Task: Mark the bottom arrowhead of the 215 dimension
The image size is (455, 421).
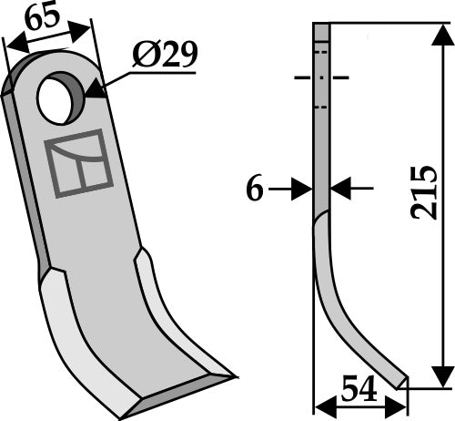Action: pyautogui.click(x=441, y=375)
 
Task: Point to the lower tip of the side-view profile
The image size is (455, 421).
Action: pyautogui.click(x=399, y=381)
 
